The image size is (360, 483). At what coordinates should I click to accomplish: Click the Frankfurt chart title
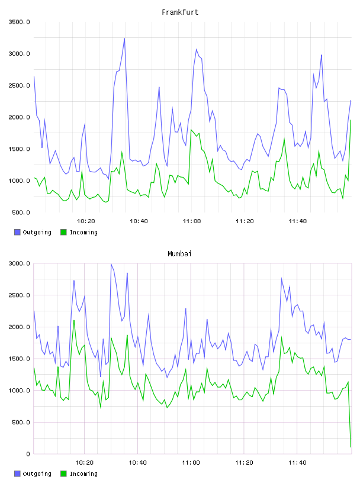click(x=180, y=12)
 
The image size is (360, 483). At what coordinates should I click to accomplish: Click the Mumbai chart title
click(x=179, y=254)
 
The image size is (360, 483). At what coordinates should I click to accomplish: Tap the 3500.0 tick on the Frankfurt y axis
click(x=20, y=22)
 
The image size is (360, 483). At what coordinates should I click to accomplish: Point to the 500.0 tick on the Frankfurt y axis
click(x=21, y=212)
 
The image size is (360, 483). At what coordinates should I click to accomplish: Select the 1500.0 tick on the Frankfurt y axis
click(x=20, y=149)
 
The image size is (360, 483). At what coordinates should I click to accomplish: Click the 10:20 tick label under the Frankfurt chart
click(x=86, y=221)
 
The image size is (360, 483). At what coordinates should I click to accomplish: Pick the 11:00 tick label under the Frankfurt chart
click(x=192, y=221)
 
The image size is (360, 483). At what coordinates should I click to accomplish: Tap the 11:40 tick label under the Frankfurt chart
click(x=298, y=221)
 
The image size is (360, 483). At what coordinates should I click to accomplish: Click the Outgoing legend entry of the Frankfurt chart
click(x=33, y=232)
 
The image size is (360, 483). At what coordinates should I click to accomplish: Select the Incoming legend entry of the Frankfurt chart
click(x=79, y=232)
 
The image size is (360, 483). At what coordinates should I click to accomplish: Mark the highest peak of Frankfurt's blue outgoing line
click(x=124, y=38)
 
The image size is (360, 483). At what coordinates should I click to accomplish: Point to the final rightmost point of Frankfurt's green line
click(x=351, y=120)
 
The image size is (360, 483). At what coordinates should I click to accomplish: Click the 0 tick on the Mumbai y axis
click(x=28, y=454)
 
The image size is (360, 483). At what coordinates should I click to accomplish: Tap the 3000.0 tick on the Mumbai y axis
click(x=20, y=263)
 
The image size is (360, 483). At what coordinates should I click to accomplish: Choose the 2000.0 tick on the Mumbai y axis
click(x=20, y=327)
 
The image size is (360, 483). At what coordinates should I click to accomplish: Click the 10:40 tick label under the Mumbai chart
click(x=137, y=463)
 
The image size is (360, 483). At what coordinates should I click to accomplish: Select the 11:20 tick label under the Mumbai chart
click(x=244, y=463)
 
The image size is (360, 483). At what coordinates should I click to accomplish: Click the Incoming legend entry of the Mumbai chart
click(x=79, y=474)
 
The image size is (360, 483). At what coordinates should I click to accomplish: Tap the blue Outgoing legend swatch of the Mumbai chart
click(x=17, y=474)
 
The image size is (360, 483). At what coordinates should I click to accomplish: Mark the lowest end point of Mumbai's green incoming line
click(x=351, y=447)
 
